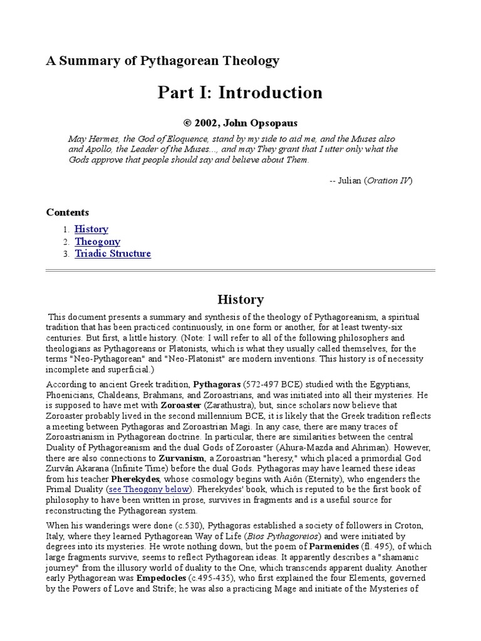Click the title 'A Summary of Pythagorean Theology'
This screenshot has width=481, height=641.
pos(163,61)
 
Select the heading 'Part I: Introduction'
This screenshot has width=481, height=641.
pos(240,93)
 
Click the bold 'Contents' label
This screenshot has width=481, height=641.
pos(68,212)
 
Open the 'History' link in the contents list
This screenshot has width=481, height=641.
pos(91,229)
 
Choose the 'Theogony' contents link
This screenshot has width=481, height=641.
pos(98,242)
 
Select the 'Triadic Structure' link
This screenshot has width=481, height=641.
pos(113,254)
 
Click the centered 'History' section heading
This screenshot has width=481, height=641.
pos(240,299)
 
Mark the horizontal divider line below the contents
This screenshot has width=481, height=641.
pos(240,271)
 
